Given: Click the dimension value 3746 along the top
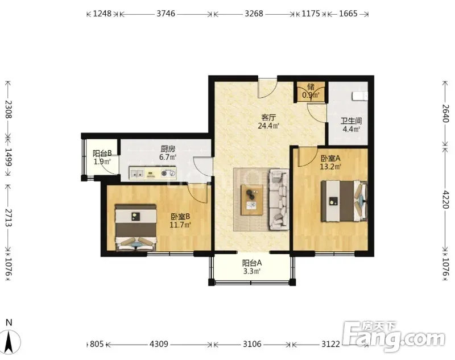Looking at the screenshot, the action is click(x=166, y=14).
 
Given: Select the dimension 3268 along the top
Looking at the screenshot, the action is click(x=254, y=14).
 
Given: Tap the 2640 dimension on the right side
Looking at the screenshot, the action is click(x=445, y=113).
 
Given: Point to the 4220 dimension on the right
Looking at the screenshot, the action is click(x=445, y=199).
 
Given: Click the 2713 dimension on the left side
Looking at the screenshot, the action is click(x=9, y=218).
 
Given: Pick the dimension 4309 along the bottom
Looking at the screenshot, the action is click(x=159, y=344).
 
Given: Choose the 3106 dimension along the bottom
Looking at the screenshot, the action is click(x=252, y=344).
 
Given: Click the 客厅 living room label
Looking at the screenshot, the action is click(x=268, y=118).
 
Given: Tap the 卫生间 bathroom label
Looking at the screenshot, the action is click(x=351, y=121).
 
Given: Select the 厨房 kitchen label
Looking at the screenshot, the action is click(x=168, y=149).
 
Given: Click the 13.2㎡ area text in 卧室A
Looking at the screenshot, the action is click(x=330, y=167).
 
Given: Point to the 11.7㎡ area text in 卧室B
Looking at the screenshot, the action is click(x=180, y=225).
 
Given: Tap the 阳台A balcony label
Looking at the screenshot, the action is click(x=252, y=263).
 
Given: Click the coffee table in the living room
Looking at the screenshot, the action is click(x=252, y=200).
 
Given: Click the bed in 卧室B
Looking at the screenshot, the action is click(x=136, y=227).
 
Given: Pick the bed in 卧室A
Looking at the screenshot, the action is click(x=344, y=201).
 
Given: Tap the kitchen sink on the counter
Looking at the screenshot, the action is click(x=136, y=173).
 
